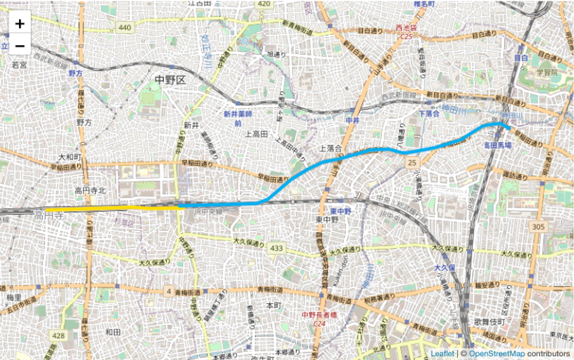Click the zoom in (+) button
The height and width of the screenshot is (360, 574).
pos(20,23)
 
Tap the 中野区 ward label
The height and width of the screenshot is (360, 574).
pos(170,80)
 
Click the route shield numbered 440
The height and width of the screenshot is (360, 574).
pos(124,27)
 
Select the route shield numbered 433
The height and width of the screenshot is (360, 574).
pos(276,247)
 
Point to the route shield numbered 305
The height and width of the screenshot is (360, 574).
pos(540,227)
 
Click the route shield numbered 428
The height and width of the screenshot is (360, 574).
pos(59,335)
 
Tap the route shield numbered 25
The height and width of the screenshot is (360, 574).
pos(411,163)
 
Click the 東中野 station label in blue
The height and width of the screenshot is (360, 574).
pos(340,211)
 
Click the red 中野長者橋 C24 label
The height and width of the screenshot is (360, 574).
pos(319,318)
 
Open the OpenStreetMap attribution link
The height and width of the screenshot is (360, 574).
pos(496,353)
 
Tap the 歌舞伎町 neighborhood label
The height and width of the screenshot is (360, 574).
pos(489,321)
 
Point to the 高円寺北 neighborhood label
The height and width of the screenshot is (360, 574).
pos(90,191)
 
